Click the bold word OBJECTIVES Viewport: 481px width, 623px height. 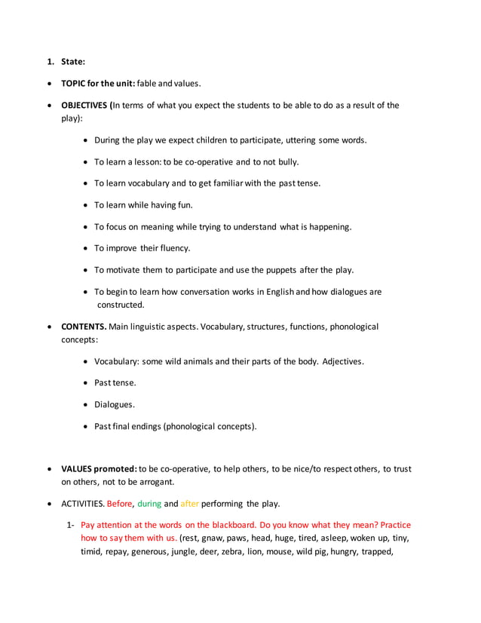[85, 105]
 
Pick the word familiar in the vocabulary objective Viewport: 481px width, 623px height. [214, 183]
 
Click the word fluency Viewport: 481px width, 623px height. [173, 248]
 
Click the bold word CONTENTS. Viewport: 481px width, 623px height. [84, 327]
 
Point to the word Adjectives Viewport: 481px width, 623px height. [342, 361]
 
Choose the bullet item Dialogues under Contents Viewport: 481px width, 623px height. [114, 404]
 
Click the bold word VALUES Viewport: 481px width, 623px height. [78, 468]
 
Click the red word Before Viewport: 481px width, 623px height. [119, 504]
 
